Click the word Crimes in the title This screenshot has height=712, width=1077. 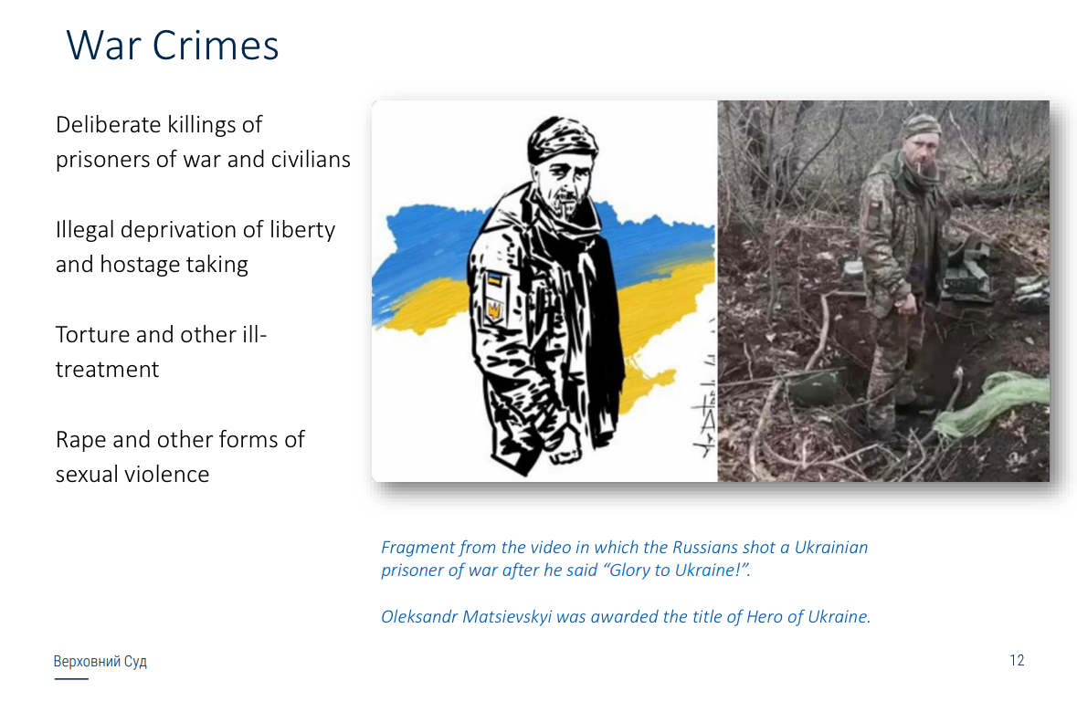click(215, 46)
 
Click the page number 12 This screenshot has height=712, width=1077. click(1017, 661)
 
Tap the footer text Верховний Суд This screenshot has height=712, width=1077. click(100, 661)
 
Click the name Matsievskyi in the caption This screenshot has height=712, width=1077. click(507, 616)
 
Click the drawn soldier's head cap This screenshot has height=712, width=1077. click(563, 140)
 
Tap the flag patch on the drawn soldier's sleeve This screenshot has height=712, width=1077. click(494, 278)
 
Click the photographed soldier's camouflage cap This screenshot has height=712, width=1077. click(921, 126)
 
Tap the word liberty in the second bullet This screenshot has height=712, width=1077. click(301, 230)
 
